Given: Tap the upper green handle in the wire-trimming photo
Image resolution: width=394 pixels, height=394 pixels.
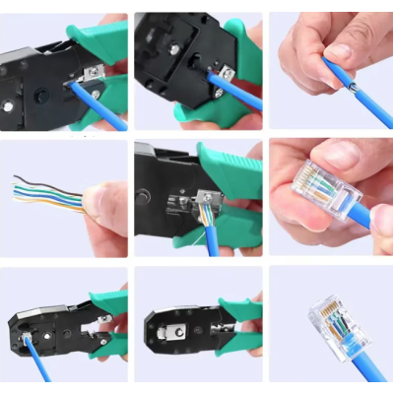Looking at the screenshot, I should (231, 163).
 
